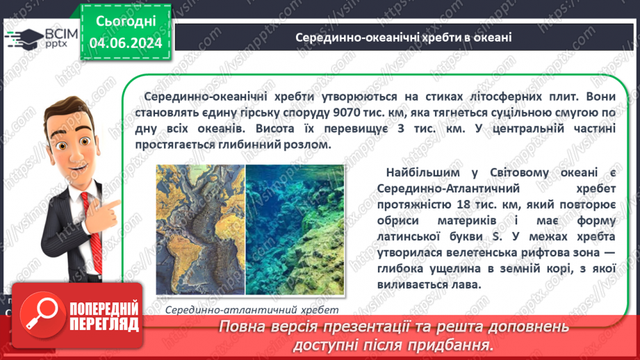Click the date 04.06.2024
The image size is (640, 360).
coord(125,43)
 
